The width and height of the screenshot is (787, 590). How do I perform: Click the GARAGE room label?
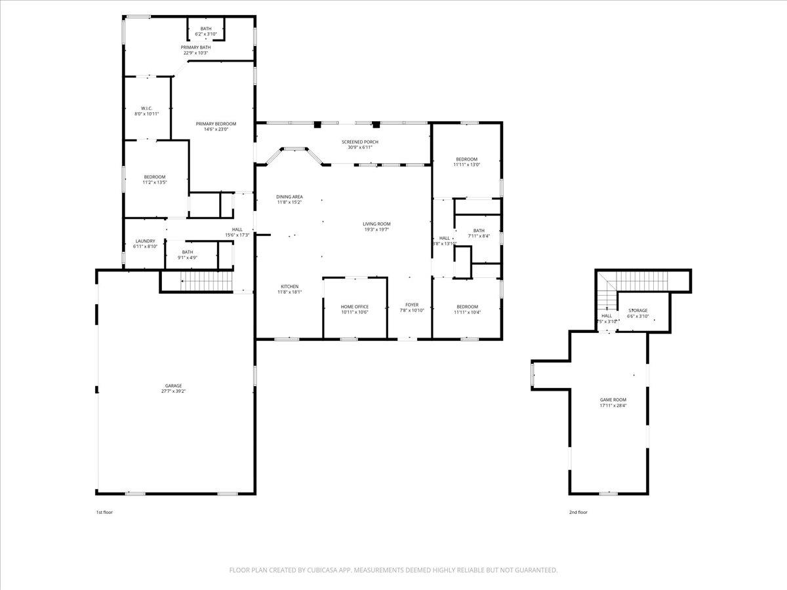click(173, 385)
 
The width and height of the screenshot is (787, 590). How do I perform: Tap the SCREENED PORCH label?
click(359, 142)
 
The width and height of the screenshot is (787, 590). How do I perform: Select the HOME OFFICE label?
click(354, 307)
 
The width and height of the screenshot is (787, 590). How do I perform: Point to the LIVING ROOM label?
click(376, 224)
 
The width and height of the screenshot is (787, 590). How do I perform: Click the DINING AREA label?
click(289, 197)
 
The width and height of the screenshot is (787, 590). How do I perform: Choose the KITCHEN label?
click(290, 286)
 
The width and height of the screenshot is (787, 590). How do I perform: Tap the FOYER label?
click(412, 305)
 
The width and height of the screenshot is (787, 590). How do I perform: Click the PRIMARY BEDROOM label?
click(216, 124)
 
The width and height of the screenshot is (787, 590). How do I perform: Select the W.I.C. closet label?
click(146, 108)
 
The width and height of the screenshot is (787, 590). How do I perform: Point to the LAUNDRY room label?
click(145, 241)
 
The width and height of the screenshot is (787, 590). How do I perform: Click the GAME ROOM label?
click(613, 400)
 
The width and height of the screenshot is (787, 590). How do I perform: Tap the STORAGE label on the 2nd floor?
click(637, 310)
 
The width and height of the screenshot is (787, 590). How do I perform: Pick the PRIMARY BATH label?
click(195, 47)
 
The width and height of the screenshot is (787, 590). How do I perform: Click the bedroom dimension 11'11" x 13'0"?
click(466, 165)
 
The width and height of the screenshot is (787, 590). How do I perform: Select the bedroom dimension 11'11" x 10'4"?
click(466, 312)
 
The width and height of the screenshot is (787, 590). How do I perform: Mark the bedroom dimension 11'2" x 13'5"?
click(155, 182)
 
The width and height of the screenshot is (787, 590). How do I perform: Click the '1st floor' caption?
click(104, 512)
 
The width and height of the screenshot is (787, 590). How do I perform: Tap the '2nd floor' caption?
click(578, 512)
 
